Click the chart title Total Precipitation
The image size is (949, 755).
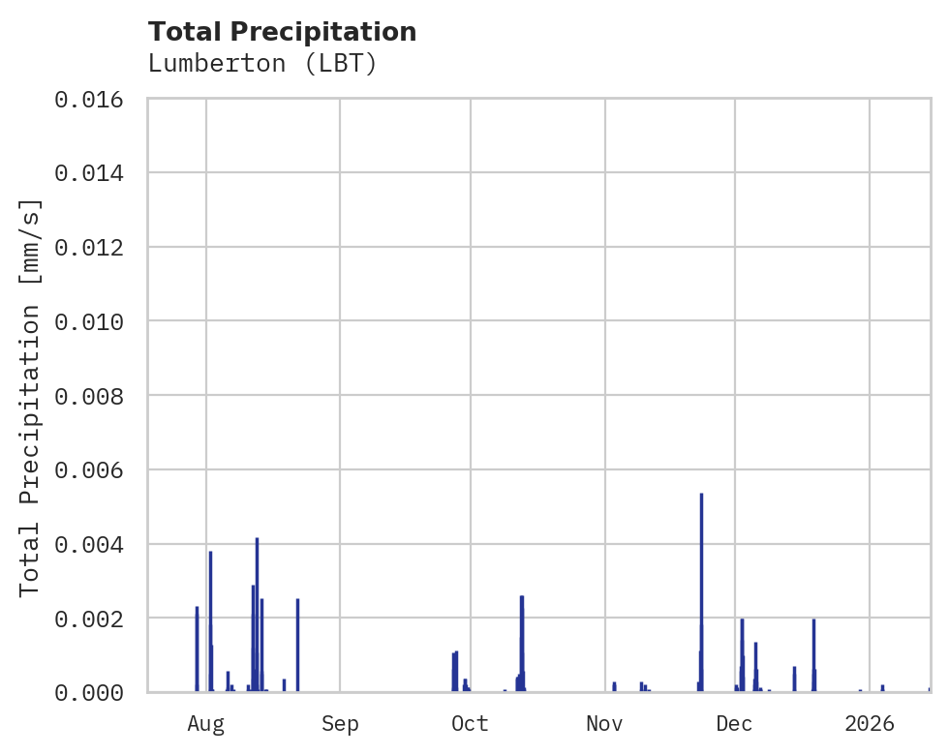(282, 32)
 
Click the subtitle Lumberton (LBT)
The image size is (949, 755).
(261, 64)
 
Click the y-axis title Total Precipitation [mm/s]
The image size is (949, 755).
(31, 396)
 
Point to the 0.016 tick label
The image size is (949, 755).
(88, 99)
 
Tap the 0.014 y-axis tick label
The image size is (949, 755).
(88, 173)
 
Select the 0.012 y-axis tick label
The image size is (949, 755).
(88, 247)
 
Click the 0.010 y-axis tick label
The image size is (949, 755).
(88, 321)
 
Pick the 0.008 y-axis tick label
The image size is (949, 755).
(88, 396)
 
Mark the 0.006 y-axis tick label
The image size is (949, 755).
(88, 469)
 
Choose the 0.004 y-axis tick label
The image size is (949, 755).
(88, 544)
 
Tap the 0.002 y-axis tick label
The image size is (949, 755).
(88, 618)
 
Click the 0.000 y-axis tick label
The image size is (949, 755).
(88, 692)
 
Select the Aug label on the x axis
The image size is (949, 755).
(205, 723)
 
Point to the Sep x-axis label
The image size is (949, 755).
(340, 723)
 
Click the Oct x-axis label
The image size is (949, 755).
(470, 723)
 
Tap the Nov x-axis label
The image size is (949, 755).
(604, 723)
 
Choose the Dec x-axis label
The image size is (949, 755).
(734, 723)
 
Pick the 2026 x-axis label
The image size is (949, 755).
(869, 723)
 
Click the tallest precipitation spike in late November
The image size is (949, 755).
(701, 590)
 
